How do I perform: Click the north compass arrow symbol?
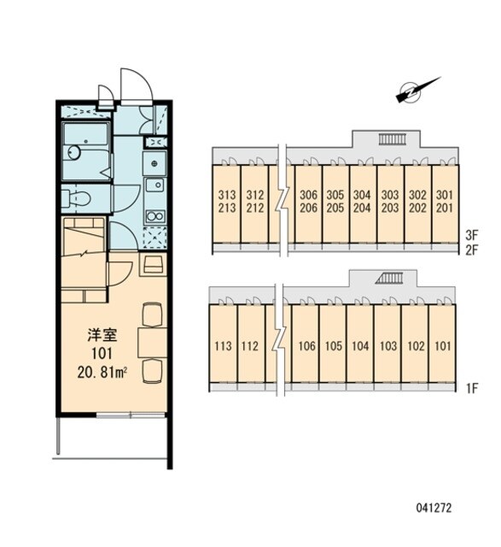(x=417, y=90)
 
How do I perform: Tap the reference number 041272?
(x=434, y=508)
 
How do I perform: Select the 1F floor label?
(x=471, y=388)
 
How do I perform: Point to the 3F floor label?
(x=472, y=235)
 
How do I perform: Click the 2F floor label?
(x=472, y=250)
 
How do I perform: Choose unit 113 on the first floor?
(x=223, y=346)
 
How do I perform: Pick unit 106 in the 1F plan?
(x=307, y=346)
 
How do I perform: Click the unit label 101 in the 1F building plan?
(x=443, y=346)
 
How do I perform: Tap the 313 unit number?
(x=227, y=195)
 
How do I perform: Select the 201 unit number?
(x=445, y=209)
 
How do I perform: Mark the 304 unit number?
(x=362, y=195)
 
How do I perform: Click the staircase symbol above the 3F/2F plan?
(x=392, y=139)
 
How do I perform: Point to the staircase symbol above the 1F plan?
(x=389, y=278)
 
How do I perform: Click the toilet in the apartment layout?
(x=76, y=198)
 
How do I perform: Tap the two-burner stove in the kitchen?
(x=155, y=216)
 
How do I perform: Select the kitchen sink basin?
(x=155, y=185)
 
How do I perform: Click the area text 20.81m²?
(x=102, y=373)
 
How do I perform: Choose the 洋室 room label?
(x=102, y=335)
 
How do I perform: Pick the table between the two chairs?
(x=153, y=342)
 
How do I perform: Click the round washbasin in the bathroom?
(x=74, y=152)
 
